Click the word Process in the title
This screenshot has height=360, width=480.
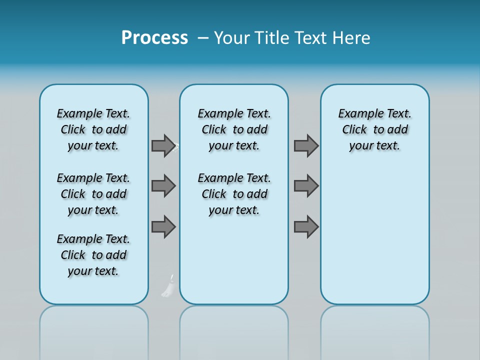(154, 38)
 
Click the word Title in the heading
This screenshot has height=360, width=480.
(273, 38)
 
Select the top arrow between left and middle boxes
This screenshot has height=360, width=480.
(163, 146)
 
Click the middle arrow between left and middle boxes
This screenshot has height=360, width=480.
(163, 186)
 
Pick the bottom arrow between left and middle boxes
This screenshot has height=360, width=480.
(163, 226)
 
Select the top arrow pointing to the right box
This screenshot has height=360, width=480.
(306, 146)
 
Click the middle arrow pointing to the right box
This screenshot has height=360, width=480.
(306, 186)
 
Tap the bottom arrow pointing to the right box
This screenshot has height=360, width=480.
(306, 226)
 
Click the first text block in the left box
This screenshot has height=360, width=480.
(93, 129)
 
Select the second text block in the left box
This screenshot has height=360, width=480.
(93, 194)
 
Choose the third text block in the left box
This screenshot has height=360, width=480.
(93, 255)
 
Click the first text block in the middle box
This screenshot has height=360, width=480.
(234, 129)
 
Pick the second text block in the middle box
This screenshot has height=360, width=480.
(234, 194)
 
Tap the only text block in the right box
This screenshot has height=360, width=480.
(374, 129)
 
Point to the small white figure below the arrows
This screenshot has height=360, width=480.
(168, 287)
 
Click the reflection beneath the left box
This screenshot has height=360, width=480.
(94, 330)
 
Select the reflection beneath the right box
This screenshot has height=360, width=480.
(374, 330)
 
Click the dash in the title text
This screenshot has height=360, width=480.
(203, 38)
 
